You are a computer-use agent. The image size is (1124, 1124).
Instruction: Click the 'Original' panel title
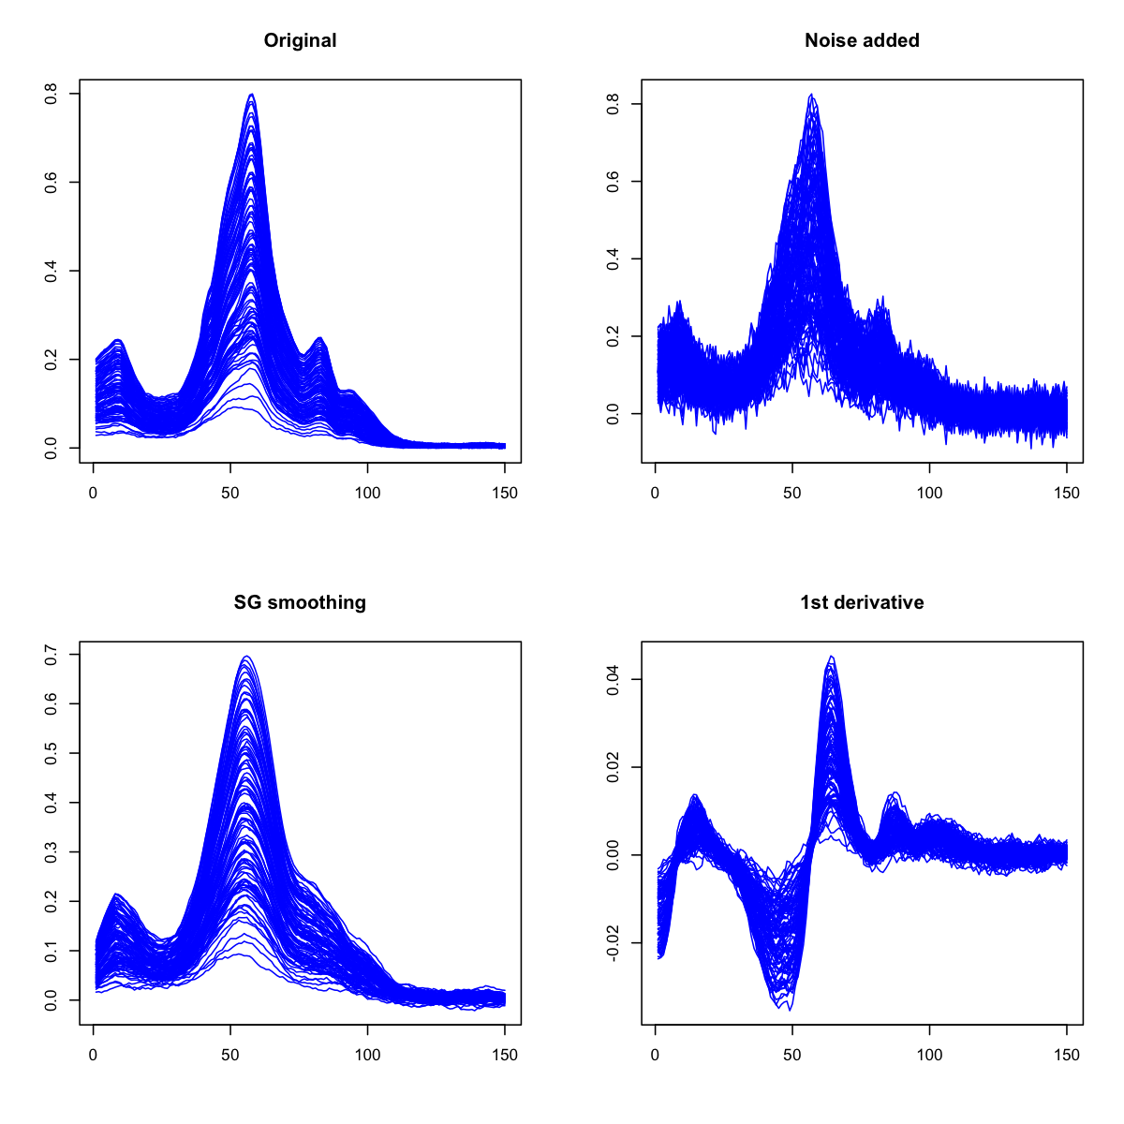(300, 41)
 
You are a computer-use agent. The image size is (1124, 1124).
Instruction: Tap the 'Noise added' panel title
(862, 41)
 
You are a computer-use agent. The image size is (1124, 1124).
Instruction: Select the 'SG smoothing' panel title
(300, 603)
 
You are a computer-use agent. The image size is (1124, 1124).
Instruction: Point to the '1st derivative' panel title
(862, 603)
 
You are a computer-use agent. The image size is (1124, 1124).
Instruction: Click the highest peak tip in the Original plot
(251, 94)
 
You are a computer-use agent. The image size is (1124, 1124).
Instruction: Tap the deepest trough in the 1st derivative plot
(790, 1010)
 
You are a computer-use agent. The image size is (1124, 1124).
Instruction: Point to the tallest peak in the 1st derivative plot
(831, 657)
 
